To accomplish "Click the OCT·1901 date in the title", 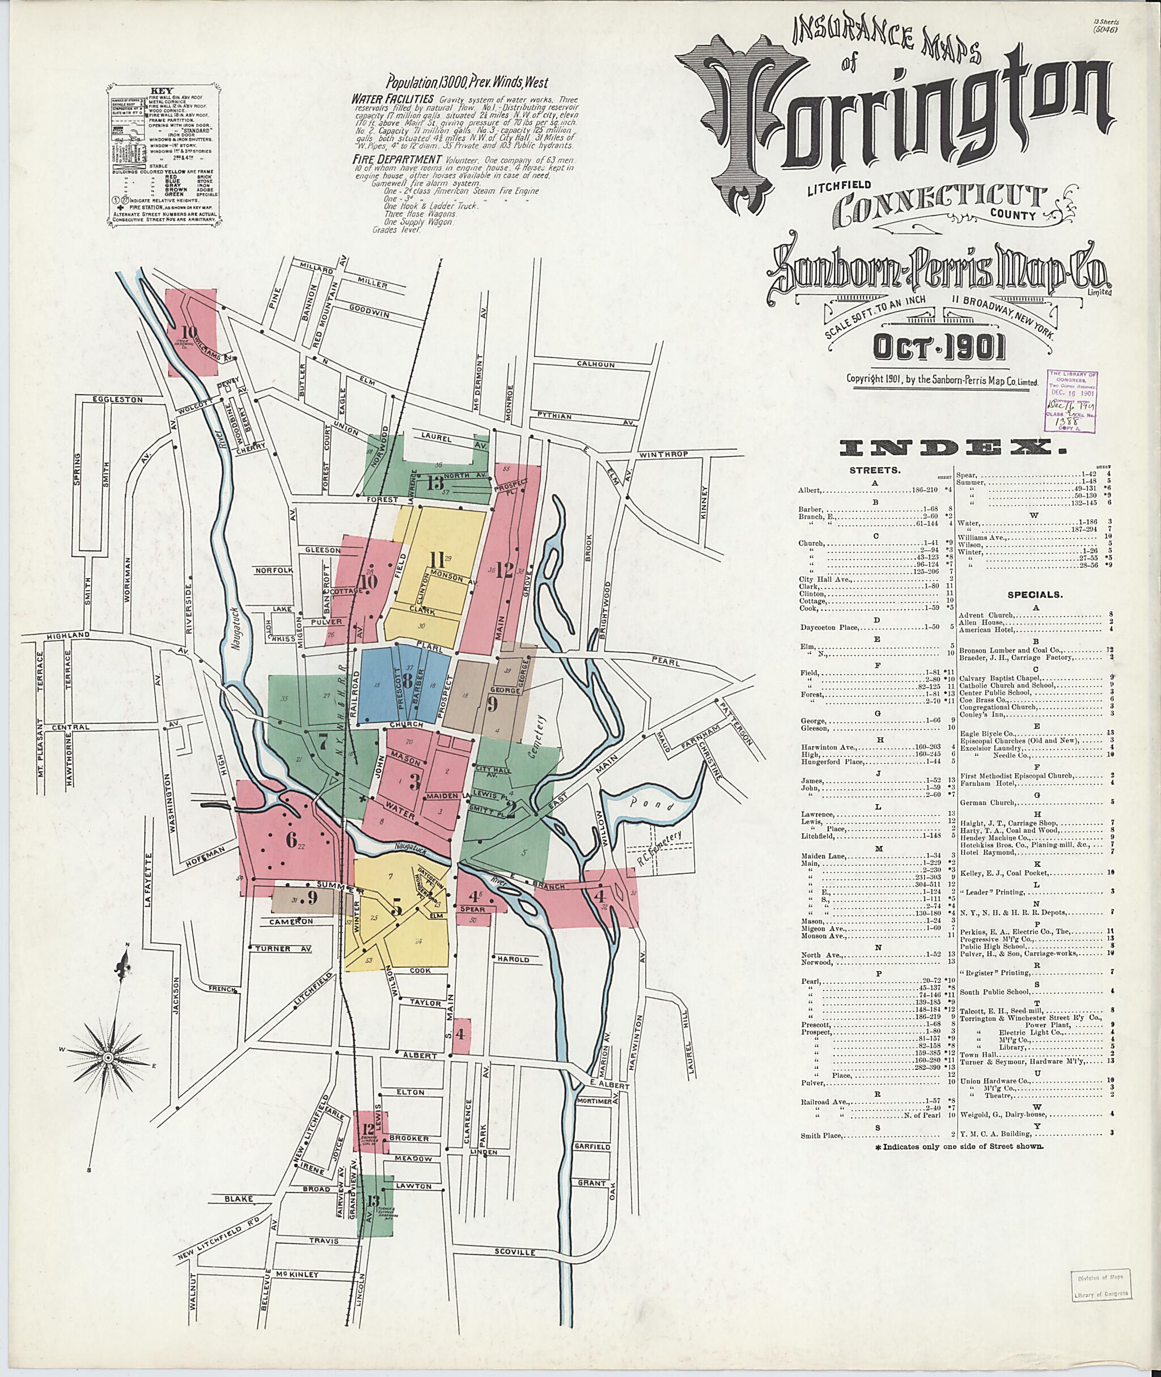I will [939, 349].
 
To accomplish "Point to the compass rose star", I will [107, 1057].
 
